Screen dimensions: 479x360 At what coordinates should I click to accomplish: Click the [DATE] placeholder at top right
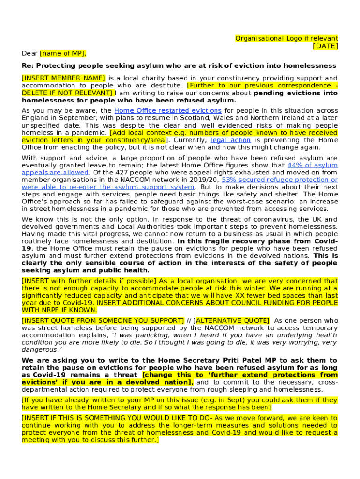click(x=325, y=46)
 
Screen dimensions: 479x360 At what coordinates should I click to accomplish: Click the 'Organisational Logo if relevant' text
click(x=287, y=38)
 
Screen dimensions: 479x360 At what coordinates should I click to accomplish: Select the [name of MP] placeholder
click(x=63, y=53)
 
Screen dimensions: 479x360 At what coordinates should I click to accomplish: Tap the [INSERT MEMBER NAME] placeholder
click(x=63, y=78)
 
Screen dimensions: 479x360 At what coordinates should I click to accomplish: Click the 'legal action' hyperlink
click(x=231, y=140)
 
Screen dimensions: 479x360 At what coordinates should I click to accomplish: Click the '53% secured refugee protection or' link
click(x=280, y=180)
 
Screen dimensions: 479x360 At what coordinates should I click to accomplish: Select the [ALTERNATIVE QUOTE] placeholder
click(x=232, y=321)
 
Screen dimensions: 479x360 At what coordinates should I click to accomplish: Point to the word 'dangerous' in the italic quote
click(x=39, y=350)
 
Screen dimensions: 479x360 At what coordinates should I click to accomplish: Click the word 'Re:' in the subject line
click(x=28, y=65)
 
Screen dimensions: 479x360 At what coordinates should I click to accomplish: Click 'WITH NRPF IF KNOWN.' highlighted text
click(x=58, y=310)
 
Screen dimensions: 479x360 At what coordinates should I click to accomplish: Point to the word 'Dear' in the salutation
click(x=30, y=53)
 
